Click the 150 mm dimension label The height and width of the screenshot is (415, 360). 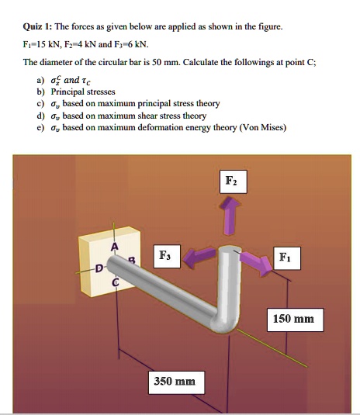(x=293, y=319)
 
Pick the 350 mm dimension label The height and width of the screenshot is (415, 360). (x=174, y=381)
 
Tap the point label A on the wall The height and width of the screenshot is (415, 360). (x=115, y=247)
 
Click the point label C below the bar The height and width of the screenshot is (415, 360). (x=116, y=283)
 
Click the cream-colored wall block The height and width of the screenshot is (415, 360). (x=109, y=252)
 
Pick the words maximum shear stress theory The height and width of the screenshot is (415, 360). (x=158, y=115)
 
